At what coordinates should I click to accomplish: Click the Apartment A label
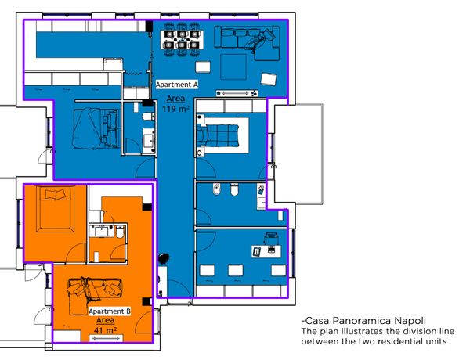coord(177,85)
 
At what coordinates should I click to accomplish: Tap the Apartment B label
coord(110,311)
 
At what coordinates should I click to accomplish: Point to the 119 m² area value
coord(175,109)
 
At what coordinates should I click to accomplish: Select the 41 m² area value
coord(105,330)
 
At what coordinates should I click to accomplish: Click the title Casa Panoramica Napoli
coord(363,321)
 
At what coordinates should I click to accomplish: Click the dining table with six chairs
coord(182,40)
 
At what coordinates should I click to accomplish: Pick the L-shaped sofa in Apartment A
coord(247,43)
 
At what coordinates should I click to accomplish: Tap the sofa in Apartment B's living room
coord(95,296)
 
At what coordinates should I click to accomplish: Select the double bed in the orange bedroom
coord(55,209)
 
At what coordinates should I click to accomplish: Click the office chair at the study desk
coord(272,239)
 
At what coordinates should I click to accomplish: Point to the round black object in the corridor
coord(164,258)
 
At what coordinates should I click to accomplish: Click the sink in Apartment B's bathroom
coord(102,231)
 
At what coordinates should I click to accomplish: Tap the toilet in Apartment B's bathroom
coord(120,232)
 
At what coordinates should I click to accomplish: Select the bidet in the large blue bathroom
coord(216,189)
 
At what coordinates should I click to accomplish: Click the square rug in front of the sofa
coord(233,67)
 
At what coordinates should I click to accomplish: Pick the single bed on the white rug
coord(218,135)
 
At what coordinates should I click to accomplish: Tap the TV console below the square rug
coord(237,93)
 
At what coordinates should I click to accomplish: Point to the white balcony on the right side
coord(299,154)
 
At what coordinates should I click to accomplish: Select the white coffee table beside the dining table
coord(203,67)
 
